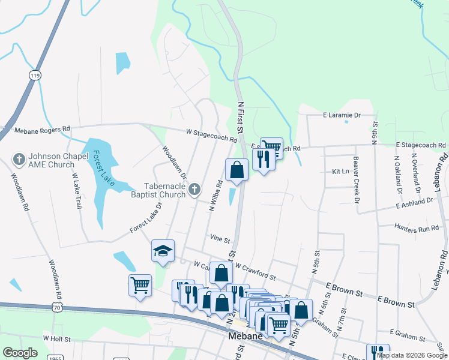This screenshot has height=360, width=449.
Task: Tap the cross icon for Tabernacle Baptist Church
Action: point(194,190)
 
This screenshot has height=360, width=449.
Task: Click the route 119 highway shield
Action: point(35,75)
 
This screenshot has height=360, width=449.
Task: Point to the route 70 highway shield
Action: point(56,307)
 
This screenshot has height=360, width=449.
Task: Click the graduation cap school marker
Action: point(162,252)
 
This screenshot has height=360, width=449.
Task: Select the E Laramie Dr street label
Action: point(341,115)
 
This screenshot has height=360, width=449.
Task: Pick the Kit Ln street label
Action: point(340,171)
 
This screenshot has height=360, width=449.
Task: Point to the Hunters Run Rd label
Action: point(417,228)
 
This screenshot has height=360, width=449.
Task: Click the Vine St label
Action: point(220,239)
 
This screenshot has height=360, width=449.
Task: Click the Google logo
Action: point(20,353)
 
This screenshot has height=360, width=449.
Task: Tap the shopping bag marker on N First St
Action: point(237,170)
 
